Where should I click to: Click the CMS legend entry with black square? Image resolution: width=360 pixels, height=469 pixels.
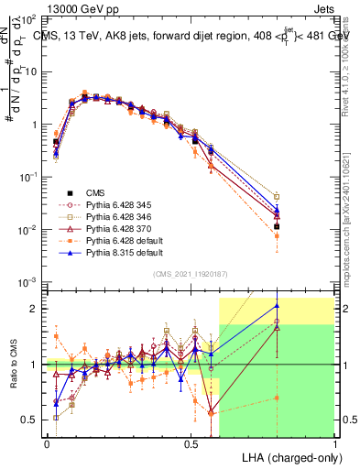pyautogui.click(x=95, y=192)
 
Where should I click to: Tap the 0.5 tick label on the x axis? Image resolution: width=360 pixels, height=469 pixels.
pyautogui.click(x=191, y=443)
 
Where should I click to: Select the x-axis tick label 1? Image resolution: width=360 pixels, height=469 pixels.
pyautogui.click(x=334, y=443)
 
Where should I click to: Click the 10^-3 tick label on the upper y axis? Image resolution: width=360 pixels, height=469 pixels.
pyautogui.click(x=29, y=282)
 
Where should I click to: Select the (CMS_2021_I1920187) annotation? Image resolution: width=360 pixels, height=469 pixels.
pyautogui.click(x=191, y=274)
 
